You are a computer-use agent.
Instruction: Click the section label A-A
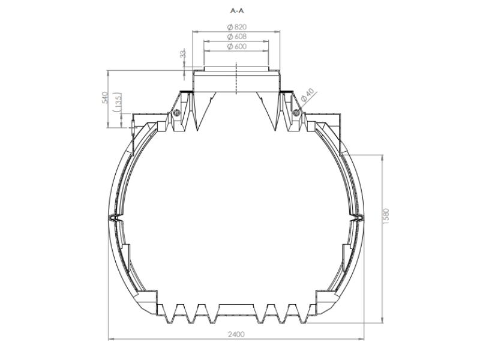[237, 11]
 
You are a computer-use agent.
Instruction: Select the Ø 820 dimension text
[237, 27]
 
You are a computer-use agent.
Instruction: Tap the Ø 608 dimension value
[237, 37]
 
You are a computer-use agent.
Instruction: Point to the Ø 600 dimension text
[237, 47]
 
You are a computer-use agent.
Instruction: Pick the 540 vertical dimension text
[104, 98]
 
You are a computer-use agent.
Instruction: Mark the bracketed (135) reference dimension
[118, 102]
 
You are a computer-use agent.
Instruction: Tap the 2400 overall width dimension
[236, 334]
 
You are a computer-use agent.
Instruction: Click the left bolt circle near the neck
[177, 112]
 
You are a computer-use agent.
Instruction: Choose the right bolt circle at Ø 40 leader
[296, 112]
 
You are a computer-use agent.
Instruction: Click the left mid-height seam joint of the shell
[113, 217]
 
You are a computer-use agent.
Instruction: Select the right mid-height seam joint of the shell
[359, 217]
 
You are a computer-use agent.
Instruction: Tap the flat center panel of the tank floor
[236, 309]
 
